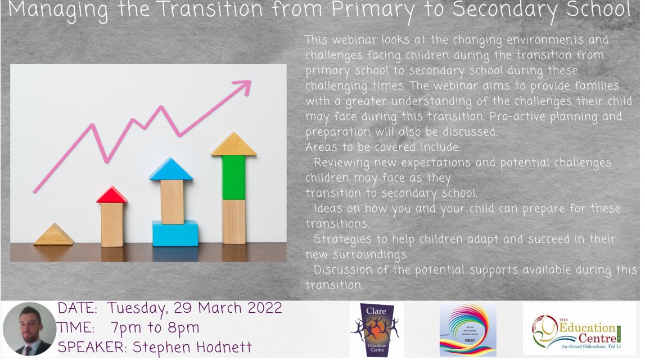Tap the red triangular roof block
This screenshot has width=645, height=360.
pyautogui.click(x=111, y=195)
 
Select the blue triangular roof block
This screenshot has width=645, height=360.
pyautogui.click(x=171, y=169)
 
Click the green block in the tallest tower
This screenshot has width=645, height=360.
pyautogui.click(x=233, y=177)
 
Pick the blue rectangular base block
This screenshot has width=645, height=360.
pyautogui.click(x=175, y=233)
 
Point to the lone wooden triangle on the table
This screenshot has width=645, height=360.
pyautogui.click(x=53, y=235)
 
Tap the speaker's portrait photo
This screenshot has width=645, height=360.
pyautogui.click(x=29, y=330)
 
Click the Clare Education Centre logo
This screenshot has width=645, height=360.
pyautogui.click(x=376, y=330)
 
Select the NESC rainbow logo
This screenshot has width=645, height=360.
pyautogui.click(x=468, y=330)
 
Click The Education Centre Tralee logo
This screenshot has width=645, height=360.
pyautogui.click(x=580, y=330)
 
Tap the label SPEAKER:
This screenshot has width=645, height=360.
pyautogui.click(x=93, y=347)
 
